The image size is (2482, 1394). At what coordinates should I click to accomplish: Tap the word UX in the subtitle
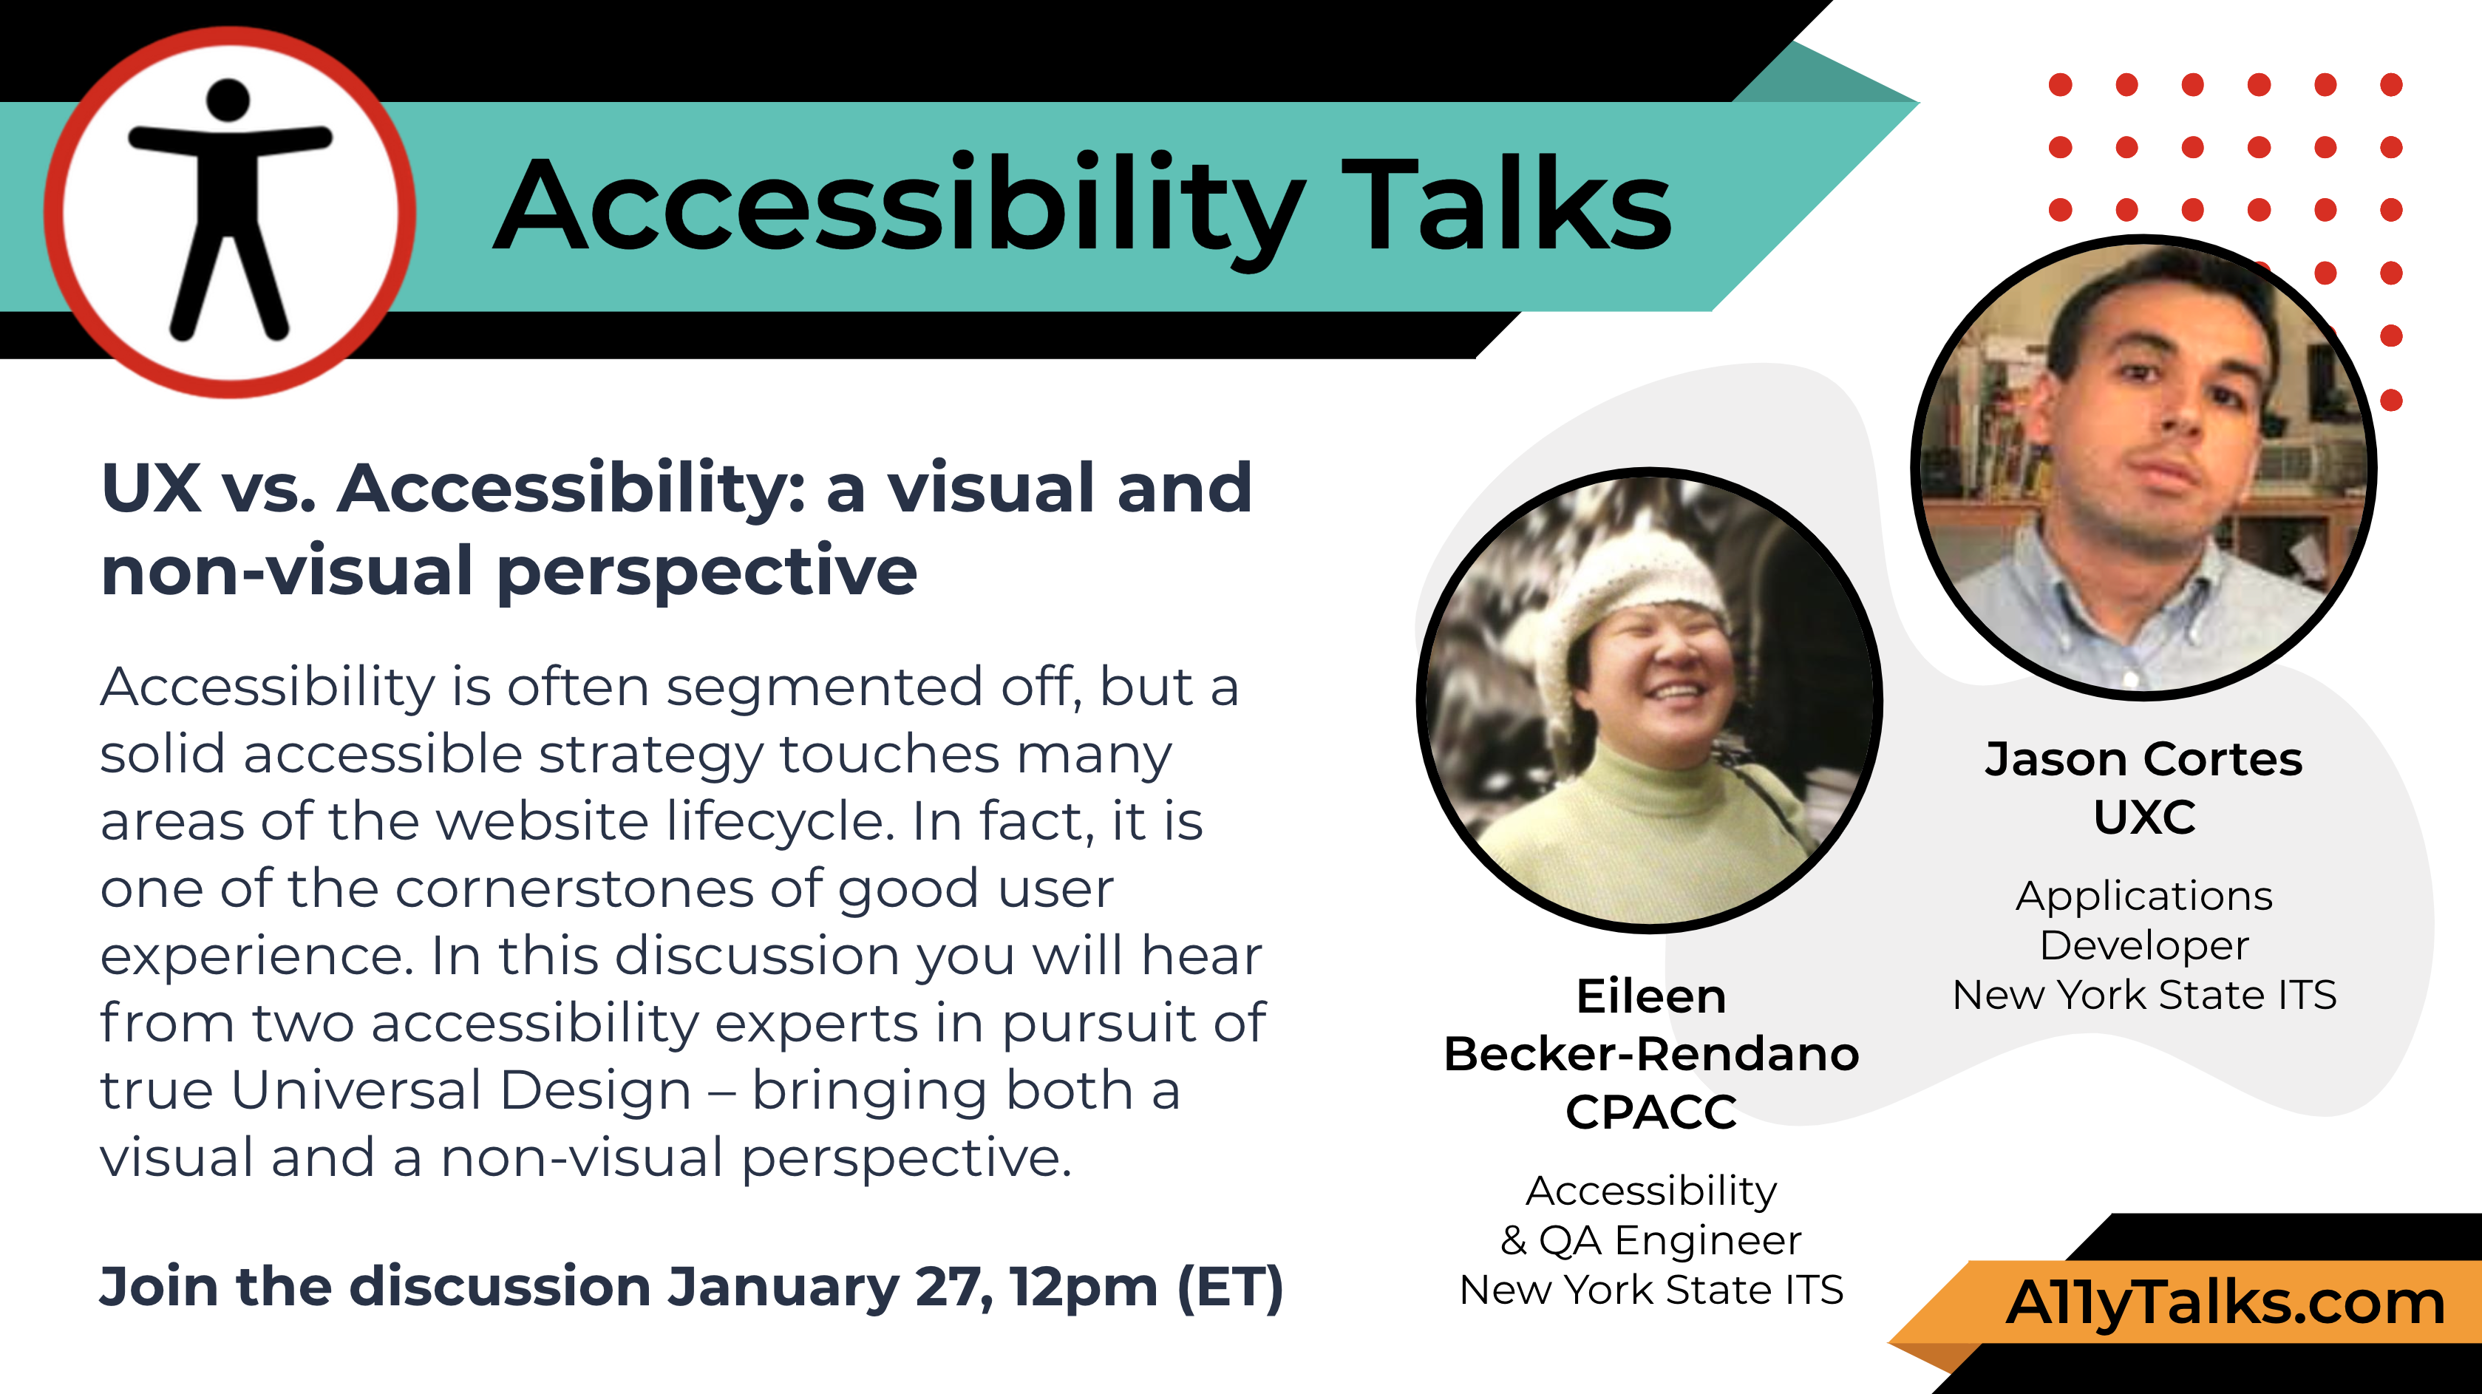pos(152,489)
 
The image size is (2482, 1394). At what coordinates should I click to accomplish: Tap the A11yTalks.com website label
pos(2226,1303)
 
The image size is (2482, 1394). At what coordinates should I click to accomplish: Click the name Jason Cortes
pos(2143,759)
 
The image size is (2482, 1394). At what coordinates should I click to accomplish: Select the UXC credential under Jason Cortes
pos(2145,817)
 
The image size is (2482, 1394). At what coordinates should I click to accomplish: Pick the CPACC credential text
pos(1650,1112)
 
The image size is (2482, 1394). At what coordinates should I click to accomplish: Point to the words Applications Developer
pos(2145,920)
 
